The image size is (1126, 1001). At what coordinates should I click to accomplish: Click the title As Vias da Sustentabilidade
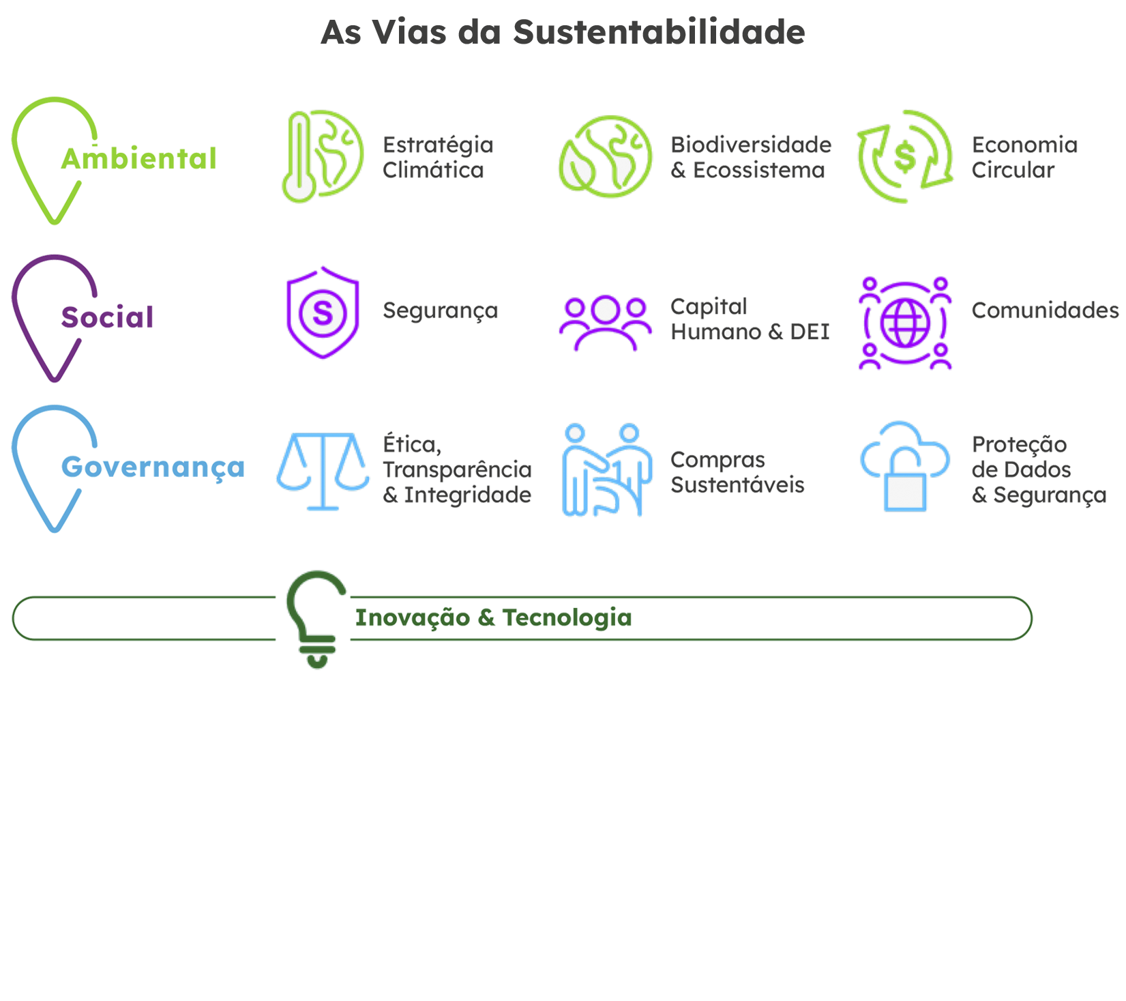coord(563,32)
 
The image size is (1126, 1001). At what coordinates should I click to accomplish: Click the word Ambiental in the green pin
coord(134,160)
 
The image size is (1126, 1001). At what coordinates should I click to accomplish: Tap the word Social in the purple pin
coord(102,317)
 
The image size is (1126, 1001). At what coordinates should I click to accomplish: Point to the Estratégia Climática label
coord(436,158)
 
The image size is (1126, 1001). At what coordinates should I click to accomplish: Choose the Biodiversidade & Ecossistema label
coord(750,158)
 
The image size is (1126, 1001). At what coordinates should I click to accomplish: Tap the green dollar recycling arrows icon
coord(904,156)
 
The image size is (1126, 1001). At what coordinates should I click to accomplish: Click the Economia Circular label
coord(1023,158)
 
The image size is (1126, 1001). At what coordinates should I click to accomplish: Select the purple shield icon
coord(323,313)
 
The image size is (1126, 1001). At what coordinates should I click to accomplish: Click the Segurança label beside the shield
coord(440,311)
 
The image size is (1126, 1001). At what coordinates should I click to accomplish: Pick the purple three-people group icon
coord(605,323)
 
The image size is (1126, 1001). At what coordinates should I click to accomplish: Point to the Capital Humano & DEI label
coord(747,319)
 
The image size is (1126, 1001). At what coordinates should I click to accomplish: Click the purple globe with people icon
coord(904,322)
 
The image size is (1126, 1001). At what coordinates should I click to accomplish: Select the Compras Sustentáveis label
coord(737,472)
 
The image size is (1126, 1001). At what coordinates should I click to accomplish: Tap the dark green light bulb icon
coord(316,618)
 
